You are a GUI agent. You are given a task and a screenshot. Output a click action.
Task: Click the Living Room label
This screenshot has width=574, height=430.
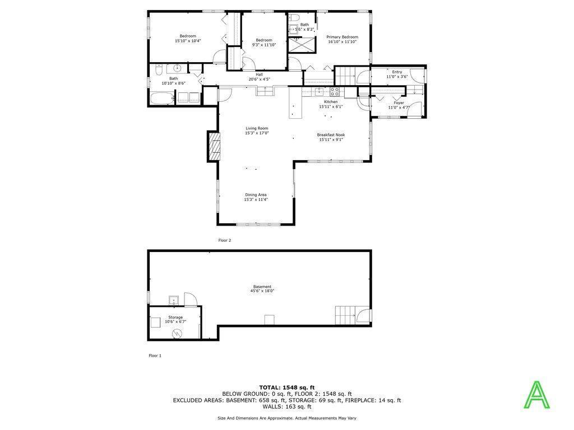pyautogui.click(x=257, y=128)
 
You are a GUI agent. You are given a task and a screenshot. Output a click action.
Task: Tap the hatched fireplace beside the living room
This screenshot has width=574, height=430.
pyautogui.click(x=215, y=146)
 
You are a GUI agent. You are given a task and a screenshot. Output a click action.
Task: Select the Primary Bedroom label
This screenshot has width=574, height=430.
pyautogui.click(x=342, y=37)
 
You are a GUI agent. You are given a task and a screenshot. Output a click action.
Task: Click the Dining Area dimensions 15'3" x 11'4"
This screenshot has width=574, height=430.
pyautogui.click(x=256, y=200)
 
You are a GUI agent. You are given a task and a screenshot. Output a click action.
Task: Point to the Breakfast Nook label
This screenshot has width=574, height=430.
pyautogui.click(x=331, y=135)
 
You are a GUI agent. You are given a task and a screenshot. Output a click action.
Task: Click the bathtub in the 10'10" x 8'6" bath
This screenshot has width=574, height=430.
pyautogui.click(x=161, y=99)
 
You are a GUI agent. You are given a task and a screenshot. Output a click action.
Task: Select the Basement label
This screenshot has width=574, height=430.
pyautogui.click(x=262, y=287)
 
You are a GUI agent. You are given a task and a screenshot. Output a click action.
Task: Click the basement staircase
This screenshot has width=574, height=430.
pyautogui.click(x=345, y=315)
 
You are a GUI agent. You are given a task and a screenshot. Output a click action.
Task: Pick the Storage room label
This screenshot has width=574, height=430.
pyautogui.click(x=175, y=317)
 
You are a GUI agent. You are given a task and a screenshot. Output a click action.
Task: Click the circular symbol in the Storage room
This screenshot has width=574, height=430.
pyautogui.click(x=177, y=334)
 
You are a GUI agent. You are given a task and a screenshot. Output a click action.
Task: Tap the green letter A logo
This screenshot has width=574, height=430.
pyautogui.click(x=536, y=395)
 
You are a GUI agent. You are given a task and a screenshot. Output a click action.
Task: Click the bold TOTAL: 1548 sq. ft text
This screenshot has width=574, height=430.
pyautogui.click(x=287, y=387)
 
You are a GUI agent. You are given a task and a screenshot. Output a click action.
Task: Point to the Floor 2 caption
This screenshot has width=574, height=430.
pyautogui.click(x=225, y=241)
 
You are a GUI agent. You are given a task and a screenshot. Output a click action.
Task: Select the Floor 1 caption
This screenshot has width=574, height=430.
pyautogui.click(x=155, y=356)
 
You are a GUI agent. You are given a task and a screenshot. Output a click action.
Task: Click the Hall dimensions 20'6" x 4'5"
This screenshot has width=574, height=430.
pyautogui.click(x=259, y=79)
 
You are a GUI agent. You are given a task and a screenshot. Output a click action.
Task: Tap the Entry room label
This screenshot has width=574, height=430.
pyautogui.click(x=397, y=72)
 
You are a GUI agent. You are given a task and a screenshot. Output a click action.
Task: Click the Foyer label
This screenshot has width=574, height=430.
pyautogui.click(x=399, y=103)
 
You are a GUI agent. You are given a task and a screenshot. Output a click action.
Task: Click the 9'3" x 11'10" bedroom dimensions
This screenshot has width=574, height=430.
pyautogui.click(x=264, y=45)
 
